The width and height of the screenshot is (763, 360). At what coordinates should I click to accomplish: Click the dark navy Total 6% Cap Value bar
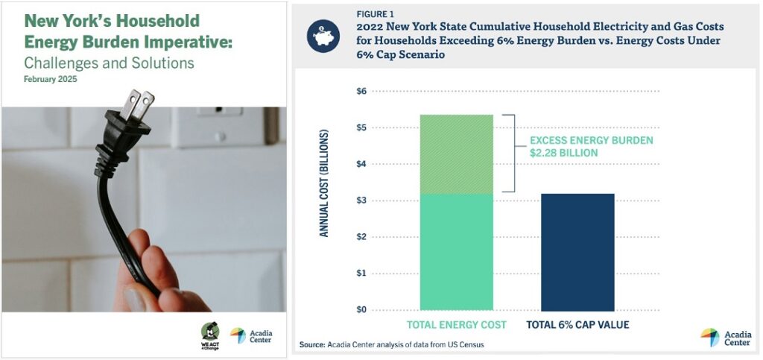(577, 252)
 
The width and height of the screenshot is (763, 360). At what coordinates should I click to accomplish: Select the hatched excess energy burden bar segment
(457, 154)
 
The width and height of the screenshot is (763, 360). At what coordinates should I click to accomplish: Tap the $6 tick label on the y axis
(361, 91)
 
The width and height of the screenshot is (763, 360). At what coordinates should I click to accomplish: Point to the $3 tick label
(361, 200)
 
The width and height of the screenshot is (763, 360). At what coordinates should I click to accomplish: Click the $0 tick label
(361, 310)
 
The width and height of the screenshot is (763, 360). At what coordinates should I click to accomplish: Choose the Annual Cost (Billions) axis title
(324, 183)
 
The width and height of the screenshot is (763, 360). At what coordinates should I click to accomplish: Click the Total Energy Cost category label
(457, 324)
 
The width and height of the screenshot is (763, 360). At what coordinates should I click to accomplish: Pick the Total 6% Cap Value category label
(577, 324)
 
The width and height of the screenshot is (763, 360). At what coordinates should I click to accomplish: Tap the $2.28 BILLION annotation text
(563, 153)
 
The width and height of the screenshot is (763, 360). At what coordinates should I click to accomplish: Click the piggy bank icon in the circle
(323, 37)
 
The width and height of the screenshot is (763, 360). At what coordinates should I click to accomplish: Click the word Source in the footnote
(311, 345)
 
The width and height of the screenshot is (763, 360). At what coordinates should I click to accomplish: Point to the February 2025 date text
(50, 79)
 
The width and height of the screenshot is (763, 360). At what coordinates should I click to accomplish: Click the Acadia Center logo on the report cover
(251, 335)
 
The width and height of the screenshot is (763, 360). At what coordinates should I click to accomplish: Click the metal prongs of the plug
(137, 104)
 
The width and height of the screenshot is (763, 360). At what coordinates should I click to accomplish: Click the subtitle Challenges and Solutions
(109, 63)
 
